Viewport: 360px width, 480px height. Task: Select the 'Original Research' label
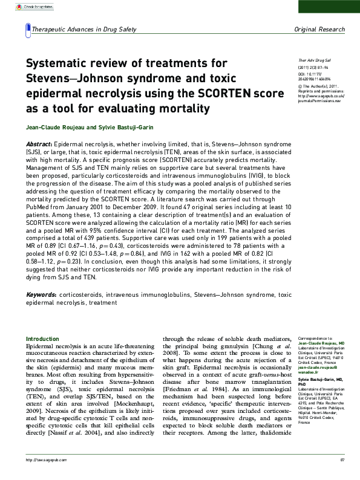(319, 29)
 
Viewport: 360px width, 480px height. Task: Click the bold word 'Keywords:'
(42, 294)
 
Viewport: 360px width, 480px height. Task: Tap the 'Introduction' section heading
(42, 339)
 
